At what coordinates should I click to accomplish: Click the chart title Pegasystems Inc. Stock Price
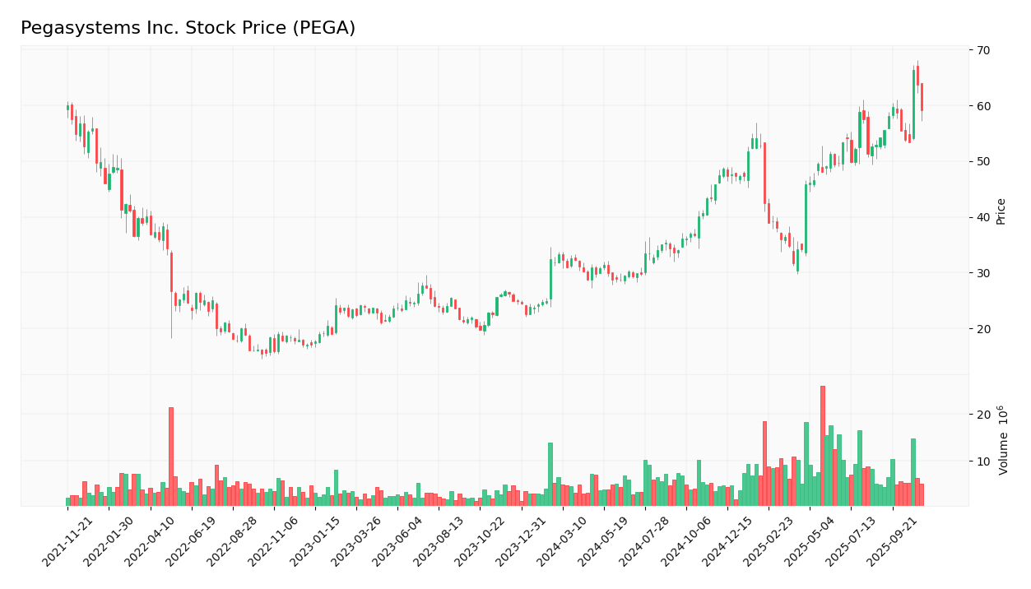[188, 29]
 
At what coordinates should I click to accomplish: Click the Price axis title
[1001, 211]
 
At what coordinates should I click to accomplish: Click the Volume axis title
[1004, 439]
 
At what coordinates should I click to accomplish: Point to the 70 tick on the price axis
[983, 50]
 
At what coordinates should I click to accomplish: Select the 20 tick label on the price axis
[983, 329]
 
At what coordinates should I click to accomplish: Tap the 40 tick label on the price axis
[983, 217]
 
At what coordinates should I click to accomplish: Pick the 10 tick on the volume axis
[983, 461]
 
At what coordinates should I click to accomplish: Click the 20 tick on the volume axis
[983, 415]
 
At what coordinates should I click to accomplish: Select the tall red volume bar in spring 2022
[171, 457]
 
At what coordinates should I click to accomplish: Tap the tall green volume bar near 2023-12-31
[550, 474]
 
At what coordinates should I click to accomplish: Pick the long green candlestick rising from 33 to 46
[806, 219]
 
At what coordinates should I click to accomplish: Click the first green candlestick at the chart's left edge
[67, 108]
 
